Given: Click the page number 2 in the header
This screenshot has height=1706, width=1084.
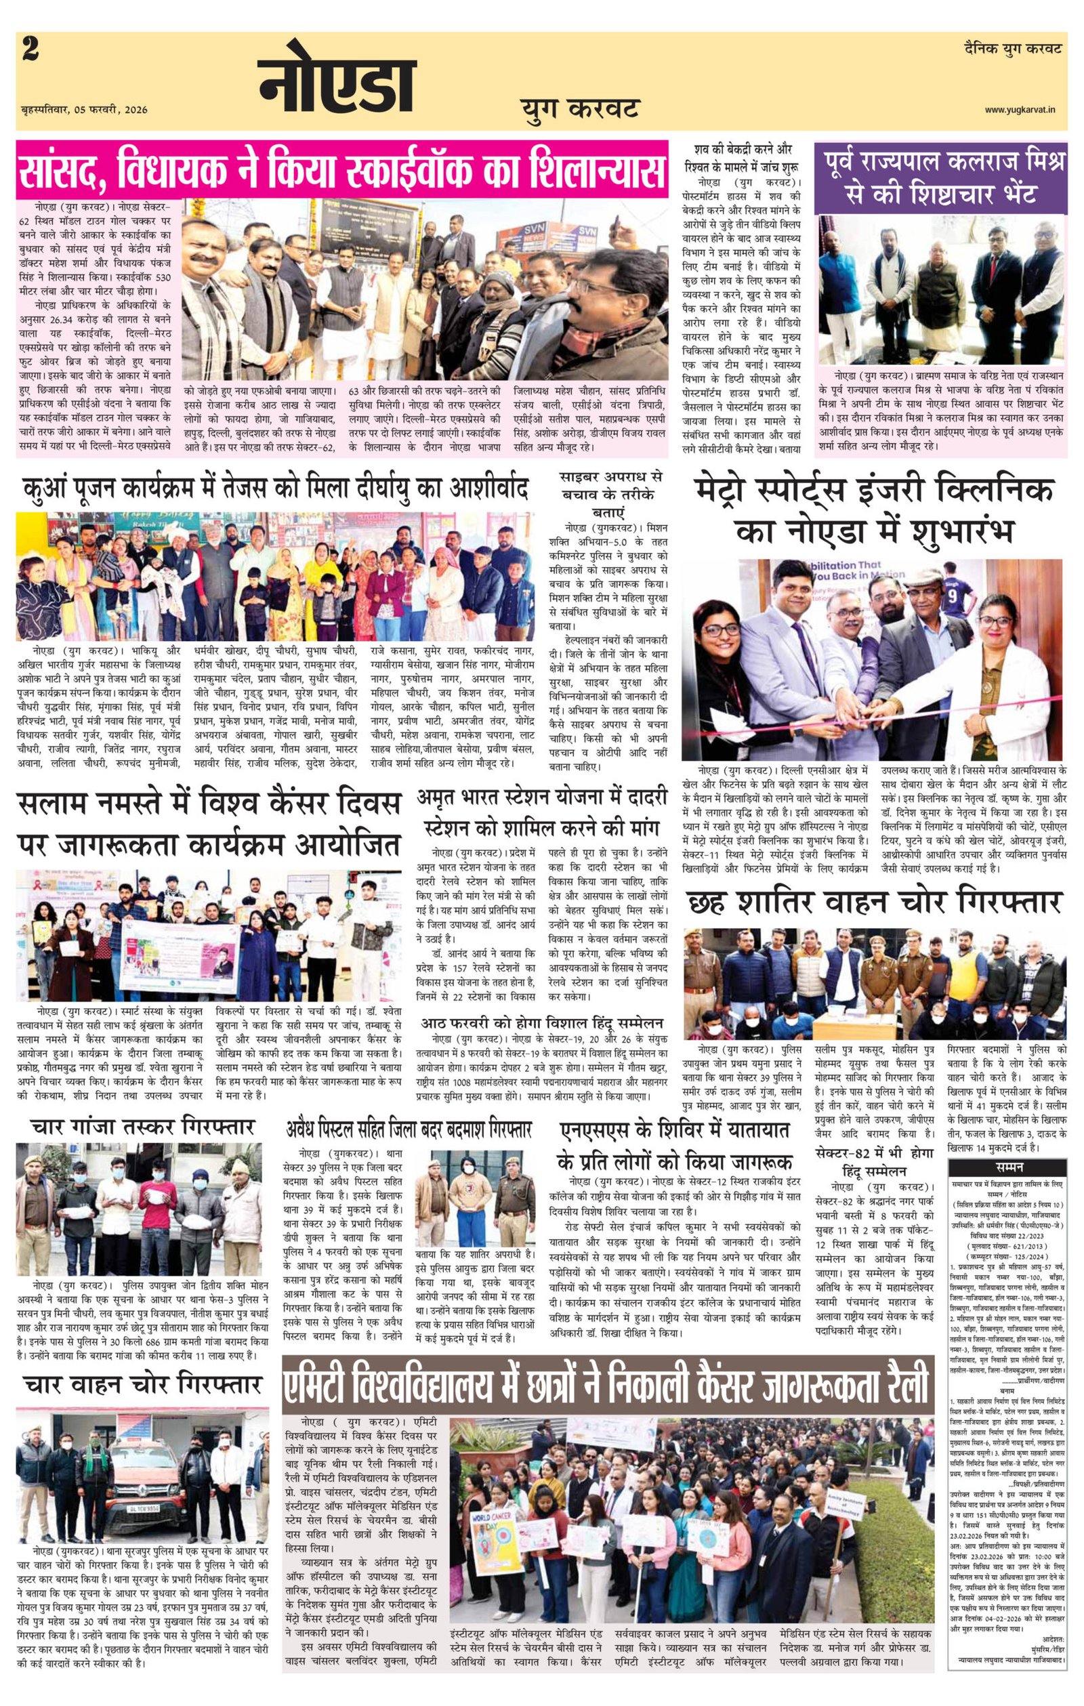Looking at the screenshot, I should (x=30, y=50).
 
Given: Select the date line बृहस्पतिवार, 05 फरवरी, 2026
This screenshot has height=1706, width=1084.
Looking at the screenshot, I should (x=83, y=110).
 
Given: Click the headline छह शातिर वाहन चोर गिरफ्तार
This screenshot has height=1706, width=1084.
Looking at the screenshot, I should (x=873, y=902).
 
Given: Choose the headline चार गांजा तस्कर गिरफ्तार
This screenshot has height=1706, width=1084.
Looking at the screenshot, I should (x=142, y=1127).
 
